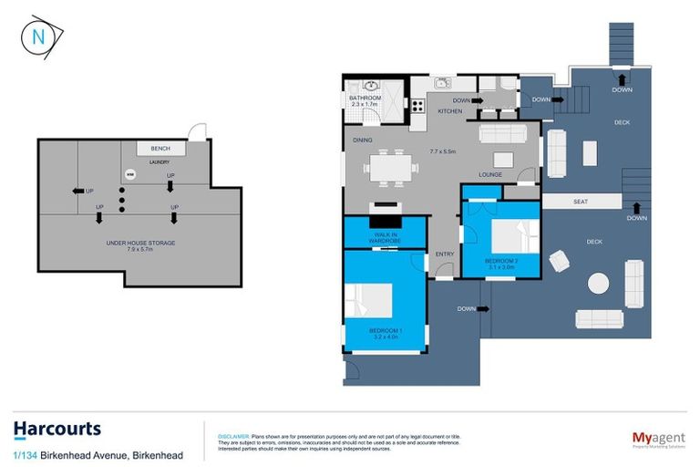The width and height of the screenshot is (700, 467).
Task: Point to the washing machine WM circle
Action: tap(129, 173)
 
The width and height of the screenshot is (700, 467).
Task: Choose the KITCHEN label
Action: tap(450, 111)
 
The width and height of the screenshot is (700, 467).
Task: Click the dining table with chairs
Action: tap(392, 168)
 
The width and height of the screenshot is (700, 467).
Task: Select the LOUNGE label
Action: tap(492, 173)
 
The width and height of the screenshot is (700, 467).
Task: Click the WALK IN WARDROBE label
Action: tap(383, 238)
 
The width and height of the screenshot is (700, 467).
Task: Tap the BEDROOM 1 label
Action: tap(386, 332)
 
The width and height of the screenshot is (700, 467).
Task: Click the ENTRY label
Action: tap(445, 254)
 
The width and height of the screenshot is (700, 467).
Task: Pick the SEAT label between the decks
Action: tap(580, 202)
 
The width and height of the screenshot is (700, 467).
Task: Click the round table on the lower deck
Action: tap(599, 284)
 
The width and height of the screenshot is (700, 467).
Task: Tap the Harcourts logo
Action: tap(57, 429)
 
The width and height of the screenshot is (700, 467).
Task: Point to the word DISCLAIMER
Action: tap(232, 437)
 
